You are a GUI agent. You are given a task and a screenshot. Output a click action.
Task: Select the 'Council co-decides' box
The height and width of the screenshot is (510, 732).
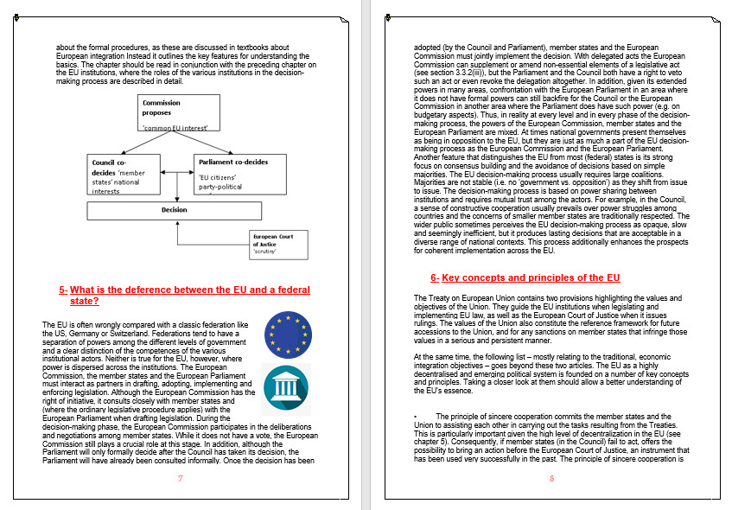[x=124, y=175]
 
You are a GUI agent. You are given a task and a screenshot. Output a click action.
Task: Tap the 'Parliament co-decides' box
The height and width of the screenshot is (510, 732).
[x=232, y=175]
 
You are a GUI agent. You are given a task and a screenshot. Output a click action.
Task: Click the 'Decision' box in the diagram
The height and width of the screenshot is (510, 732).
[x=175, y=210]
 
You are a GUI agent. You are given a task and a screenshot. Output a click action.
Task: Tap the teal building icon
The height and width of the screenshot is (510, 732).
[x=286, y=386]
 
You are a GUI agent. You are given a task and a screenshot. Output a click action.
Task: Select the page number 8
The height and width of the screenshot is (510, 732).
[x=551, y=478]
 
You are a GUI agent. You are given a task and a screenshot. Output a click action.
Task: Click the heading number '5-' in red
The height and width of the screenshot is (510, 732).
[x=63, y=290]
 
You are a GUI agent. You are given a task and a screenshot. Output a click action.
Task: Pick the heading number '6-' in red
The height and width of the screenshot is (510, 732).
[x=435, y=277]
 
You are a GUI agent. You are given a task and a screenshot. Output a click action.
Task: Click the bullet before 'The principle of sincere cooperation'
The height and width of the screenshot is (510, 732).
[x=416, y=417]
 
